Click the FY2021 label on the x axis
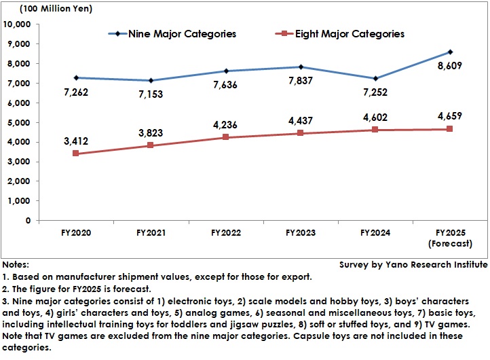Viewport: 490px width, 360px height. point(151,232)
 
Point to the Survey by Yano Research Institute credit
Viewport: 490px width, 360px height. point(413,264)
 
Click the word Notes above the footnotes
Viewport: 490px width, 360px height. point(16,264)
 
